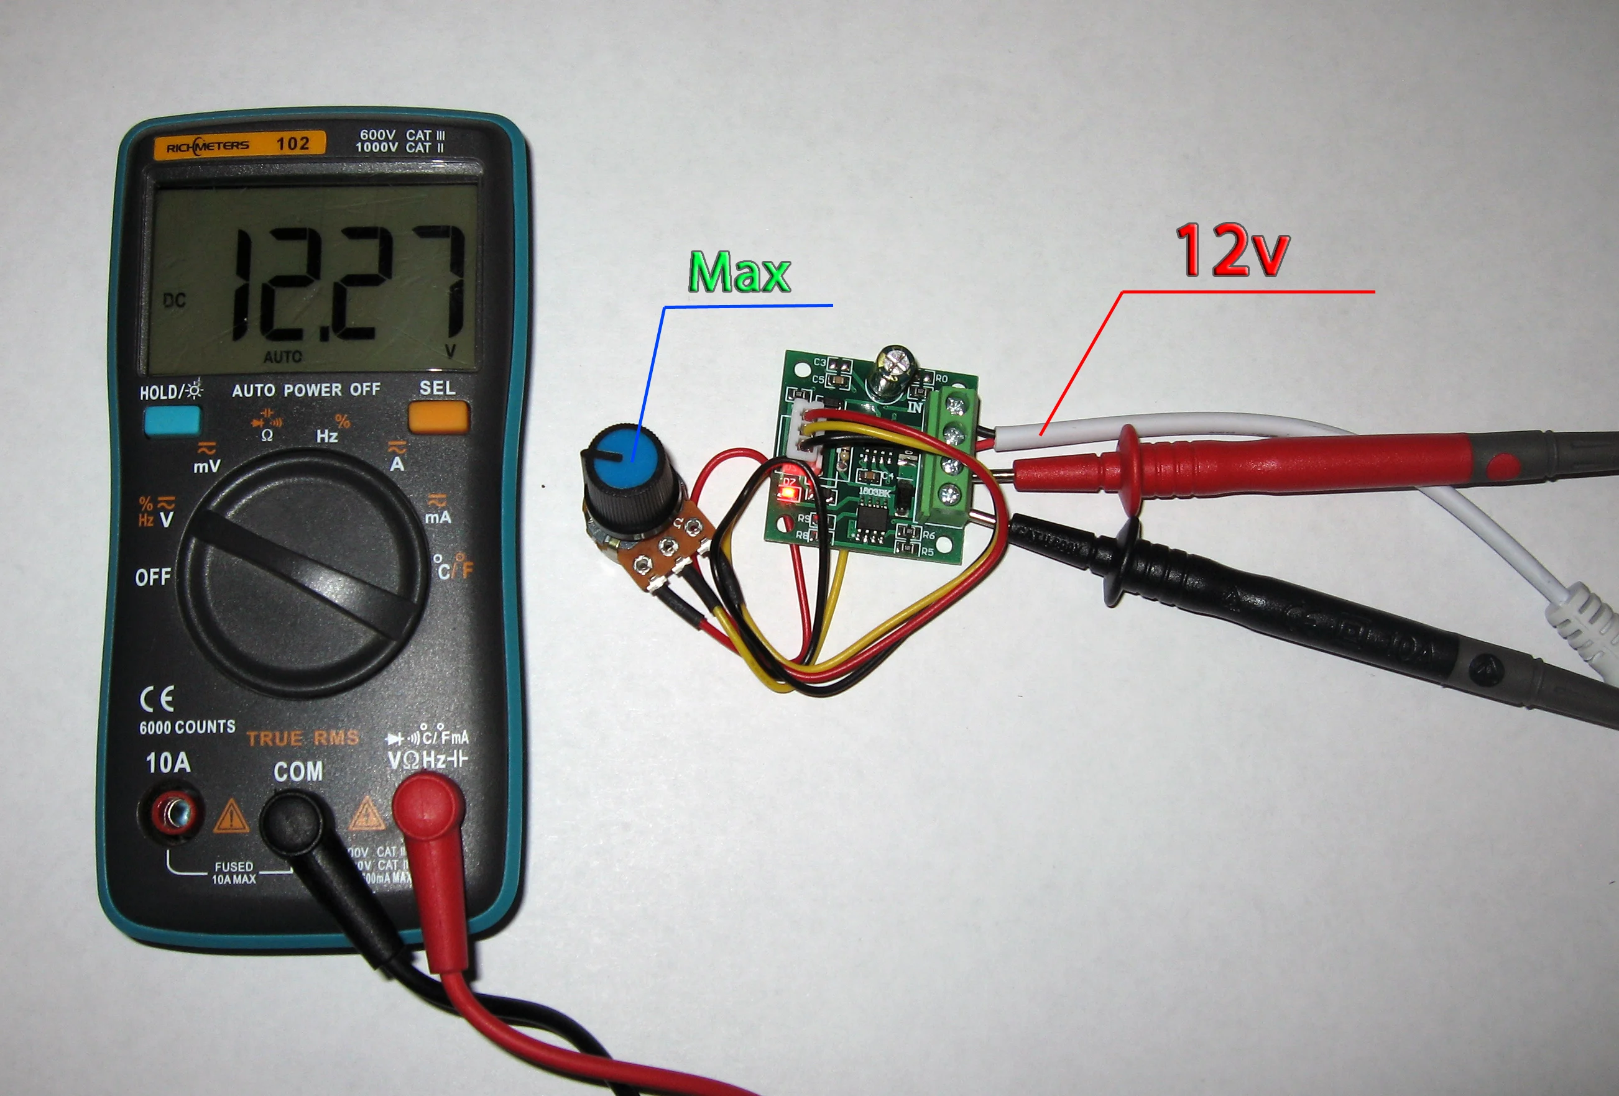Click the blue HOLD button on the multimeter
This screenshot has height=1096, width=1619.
click(x=172, y=420)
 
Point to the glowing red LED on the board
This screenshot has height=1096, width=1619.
click(x=788, y=495)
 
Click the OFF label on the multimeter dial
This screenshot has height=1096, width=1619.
click(x=152, y=577)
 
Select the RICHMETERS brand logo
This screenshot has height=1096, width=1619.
click(x=208, y=145)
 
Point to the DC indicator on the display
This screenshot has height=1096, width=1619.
click(x=174, y=300)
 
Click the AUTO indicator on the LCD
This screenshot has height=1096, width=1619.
click(x=283, y=357)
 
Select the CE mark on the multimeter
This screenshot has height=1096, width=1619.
click(x=157, y=699)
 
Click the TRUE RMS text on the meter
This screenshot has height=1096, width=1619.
click(x=302, y=738)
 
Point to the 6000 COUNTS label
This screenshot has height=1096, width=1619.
click(x=187, y=727)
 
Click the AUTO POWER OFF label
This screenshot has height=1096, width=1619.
click(x=306, y=390)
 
